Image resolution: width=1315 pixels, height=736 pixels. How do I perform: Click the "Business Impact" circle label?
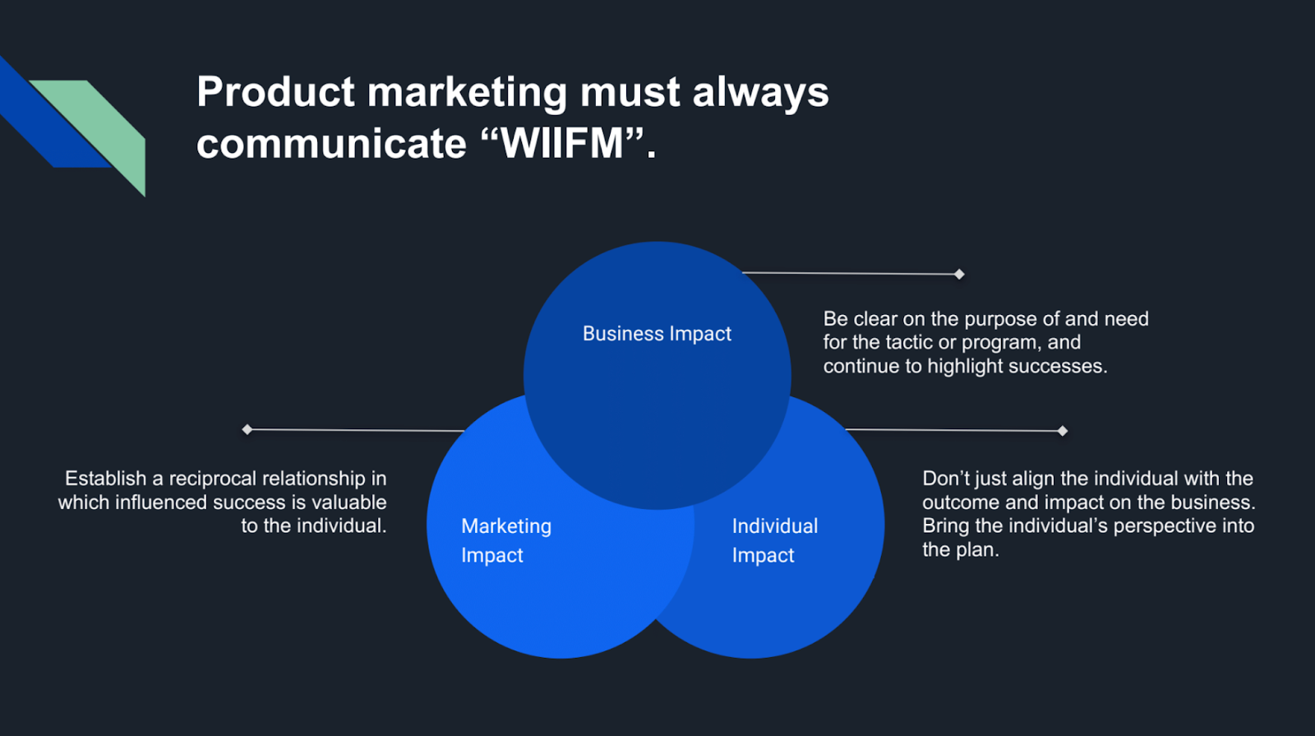(657, 334)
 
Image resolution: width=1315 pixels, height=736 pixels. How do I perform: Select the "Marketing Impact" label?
(505, 540)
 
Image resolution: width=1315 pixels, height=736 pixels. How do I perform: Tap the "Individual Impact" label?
(774, 540)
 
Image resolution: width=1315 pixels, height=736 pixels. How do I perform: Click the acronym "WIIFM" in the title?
(563, 144)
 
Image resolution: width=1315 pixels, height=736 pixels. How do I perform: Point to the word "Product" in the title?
(275, 91)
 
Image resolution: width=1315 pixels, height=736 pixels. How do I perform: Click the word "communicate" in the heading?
(331, 144)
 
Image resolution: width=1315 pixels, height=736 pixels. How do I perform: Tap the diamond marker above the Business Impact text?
(959, 274)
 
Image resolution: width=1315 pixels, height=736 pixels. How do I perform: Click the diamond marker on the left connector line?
(247, 429)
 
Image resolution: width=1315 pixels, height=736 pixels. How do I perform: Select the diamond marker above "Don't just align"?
(1063, 431)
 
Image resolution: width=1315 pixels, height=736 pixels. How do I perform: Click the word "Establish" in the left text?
(105, 479)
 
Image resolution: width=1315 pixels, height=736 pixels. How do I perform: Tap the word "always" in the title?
(760, 91)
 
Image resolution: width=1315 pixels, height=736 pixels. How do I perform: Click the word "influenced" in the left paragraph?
(160, 502)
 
